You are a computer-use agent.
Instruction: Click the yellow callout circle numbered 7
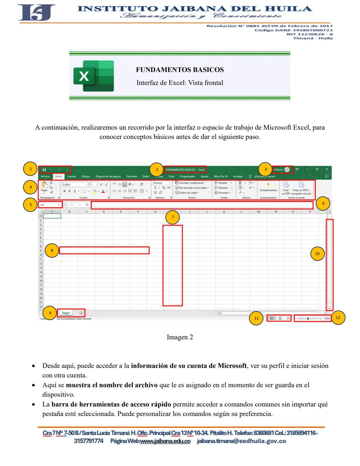(173, 217)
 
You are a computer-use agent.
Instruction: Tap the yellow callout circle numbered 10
(317, 254)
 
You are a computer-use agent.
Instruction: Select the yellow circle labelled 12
(338, 318)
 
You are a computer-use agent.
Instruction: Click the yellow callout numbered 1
(30, 169)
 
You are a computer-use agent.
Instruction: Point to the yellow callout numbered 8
(52, 250)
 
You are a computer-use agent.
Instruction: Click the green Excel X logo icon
(94, 76)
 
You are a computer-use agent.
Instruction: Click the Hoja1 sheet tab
(66, 313)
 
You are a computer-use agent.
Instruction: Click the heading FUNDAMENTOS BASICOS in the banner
(180, 70)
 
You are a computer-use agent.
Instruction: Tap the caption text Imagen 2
(180, 337)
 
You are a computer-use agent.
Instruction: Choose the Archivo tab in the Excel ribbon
(45, 176)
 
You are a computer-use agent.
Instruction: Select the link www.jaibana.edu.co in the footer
(165, 441)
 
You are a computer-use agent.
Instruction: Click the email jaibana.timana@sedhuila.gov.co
(241, 441)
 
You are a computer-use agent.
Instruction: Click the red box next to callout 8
(104, 251)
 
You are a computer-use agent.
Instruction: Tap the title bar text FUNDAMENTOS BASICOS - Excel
(185, 169)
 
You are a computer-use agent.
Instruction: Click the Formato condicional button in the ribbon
(191, 183)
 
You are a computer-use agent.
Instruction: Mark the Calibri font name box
(74, 184)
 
